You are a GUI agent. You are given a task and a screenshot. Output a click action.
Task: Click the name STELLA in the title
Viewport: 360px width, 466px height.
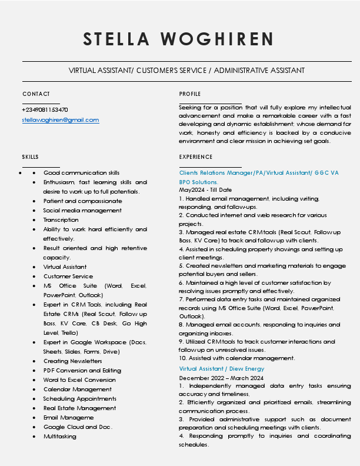coord(116,39)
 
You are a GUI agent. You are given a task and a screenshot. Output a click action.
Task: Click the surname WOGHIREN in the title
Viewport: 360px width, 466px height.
coord(217,39)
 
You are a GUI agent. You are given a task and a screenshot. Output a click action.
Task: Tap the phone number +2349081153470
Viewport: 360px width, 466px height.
coord(45,110)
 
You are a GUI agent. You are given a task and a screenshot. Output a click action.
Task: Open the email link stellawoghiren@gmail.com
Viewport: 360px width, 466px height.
coord(61,120)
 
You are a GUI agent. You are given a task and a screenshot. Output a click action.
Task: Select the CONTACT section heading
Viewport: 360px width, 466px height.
coord(36,94)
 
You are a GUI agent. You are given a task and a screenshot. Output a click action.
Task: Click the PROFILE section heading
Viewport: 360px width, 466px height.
coord(189,94)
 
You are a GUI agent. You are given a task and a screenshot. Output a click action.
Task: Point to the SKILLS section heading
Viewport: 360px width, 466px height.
coord(31,157)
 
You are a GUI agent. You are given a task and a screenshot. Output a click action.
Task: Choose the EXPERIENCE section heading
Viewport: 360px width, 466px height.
coord(196,157)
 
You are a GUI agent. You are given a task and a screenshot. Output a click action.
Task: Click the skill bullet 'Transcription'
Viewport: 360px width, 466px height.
coord(61,220)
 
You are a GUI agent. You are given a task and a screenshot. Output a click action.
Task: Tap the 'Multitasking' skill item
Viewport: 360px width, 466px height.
coord(59,437)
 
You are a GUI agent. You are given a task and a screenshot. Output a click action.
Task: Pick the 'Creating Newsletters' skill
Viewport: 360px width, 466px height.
coord(72,361)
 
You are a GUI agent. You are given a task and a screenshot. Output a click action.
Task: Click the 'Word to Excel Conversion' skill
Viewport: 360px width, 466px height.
coord(79,380)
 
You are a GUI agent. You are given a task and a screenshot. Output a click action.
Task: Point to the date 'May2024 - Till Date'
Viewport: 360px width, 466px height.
coord(205,191)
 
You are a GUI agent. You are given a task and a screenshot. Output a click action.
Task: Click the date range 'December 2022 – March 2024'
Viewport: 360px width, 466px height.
coord(221,378)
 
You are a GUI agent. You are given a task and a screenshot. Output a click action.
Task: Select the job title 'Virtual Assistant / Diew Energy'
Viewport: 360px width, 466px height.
coord(222,369)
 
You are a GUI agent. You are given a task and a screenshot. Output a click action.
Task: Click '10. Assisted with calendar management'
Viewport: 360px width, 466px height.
coord(237,358)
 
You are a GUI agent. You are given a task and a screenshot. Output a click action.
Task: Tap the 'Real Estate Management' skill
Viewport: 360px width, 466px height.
coord(79,408)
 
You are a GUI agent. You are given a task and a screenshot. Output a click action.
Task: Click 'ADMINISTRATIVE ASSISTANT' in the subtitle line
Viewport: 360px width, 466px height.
coord(259,71)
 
